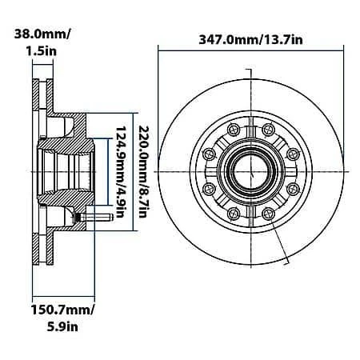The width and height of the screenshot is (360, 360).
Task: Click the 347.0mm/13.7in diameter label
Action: click(x=250, y=38)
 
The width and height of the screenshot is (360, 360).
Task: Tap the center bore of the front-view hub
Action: click(x=250, y=170)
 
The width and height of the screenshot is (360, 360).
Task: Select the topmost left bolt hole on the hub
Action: click(x=232, y=128)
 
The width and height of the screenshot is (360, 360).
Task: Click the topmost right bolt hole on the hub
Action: click(x=267, y=128)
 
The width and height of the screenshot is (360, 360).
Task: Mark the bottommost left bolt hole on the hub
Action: click(x=232, y=212)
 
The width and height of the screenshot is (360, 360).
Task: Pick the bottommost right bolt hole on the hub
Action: click(x=267, y=212)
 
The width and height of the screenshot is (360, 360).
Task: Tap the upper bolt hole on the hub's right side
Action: click(x=292, y=152)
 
